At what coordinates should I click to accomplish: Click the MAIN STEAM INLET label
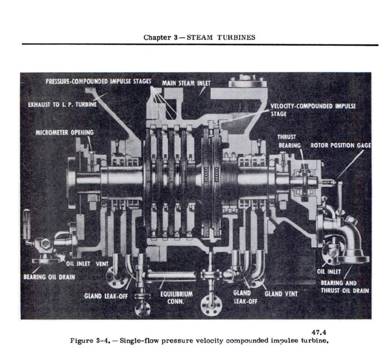tap(186, 84)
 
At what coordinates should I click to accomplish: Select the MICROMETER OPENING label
tap(64, 133)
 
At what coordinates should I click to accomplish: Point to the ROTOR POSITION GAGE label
tap(341, 146)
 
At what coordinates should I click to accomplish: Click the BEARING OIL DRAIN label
tap(49, 277)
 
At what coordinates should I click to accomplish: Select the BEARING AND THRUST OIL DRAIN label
tap(344, 287)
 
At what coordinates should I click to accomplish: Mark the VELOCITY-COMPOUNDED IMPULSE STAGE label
tap(313, 110)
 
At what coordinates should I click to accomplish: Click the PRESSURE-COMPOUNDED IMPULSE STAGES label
tap(98, 81)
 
